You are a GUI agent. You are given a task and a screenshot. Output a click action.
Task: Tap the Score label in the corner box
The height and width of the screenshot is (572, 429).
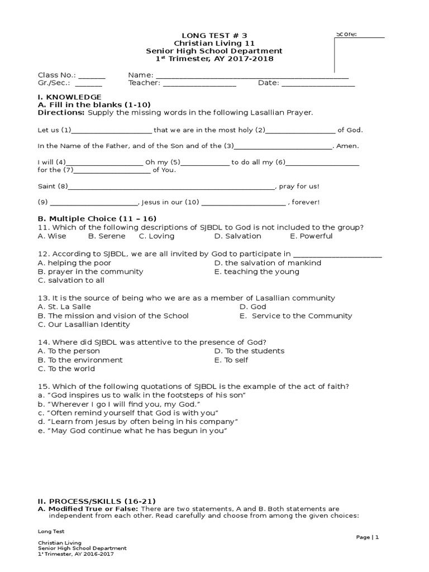346,34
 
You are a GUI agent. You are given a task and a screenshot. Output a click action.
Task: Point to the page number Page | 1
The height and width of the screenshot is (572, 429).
368,537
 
